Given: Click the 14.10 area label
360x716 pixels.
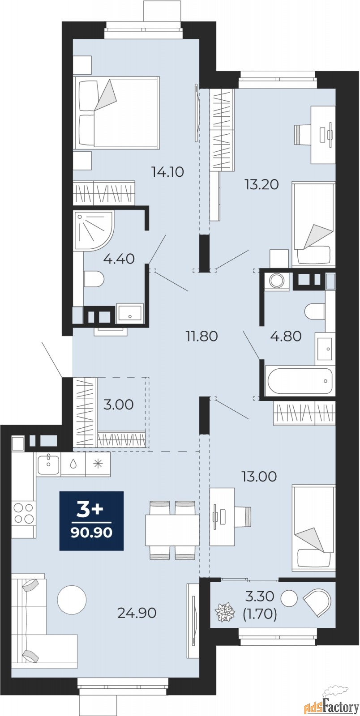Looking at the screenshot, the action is (x=168, y=172).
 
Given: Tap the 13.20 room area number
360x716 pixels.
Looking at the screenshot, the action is (x=262, y=184).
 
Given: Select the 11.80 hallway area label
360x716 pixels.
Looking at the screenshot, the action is (x=202, y=336).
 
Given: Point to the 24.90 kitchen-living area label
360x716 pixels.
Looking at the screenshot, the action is (x=137, y=613).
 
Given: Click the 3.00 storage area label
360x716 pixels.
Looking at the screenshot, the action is (x=118, y=405).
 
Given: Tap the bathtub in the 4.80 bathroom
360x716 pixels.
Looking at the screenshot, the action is (x=300, y=381).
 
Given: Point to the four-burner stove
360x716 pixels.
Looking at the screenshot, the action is (x=24, y=512).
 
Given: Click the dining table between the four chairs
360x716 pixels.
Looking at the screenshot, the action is (x=172, y=530).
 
